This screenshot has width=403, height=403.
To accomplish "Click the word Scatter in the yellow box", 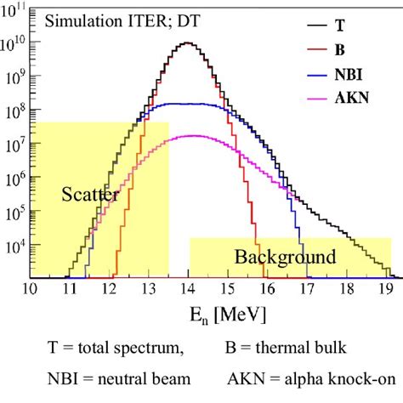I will pyautogui.click(x=90, y=195).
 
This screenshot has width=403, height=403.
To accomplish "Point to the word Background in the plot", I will pyautogui.click(x=285, y=256).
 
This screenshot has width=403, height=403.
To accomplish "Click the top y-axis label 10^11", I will pyautogui.click(x=14, y=10).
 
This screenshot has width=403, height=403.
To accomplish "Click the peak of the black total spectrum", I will pyautogui.click(x=189, y=43).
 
